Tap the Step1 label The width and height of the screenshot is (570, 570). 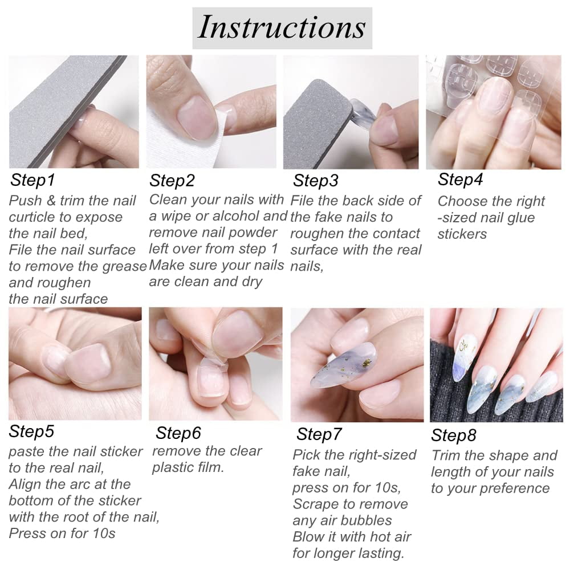[32, 181]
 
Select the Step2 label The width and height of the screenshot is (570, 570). [172, 181]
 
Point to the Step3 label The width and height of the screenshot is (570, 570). [316, 181]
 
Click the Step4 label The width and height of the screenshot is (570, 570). [460, 180]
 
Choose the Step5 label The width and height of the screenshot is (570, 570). [31, 432]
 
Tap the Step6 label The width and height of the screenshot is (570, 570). [178, 433]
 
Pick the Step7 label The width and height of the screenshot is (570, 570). [319, 434]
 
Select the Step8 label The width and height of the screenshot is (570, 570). [453, 436]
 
